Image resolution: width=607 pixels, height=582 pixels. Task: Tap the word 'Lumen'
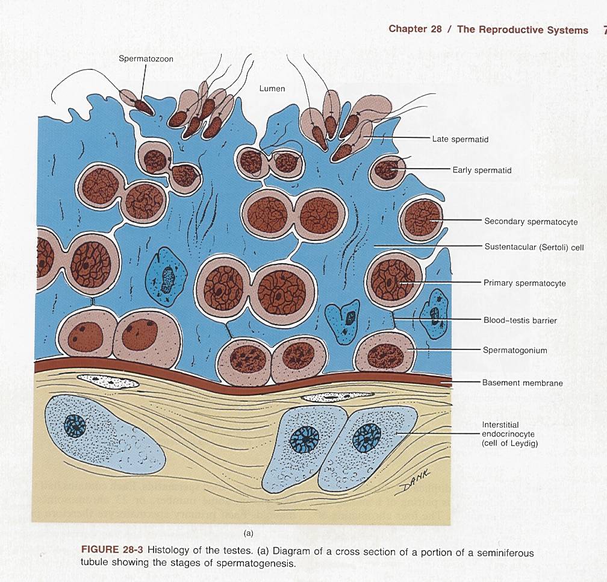(272, 88)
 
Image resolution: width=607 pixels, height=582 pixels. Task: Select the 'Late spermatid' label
(460, 139)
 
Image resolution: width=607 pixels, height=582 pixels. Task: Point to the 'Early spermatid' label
(482, 170)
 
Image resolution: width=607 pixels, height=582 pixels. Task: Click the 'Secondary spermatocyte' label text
(531, 222)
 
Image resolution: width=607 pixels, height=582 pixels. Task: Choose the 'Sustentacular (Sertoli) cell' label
(534, 247)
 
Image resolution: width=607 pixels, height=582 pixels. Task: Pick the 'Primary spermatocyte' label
(525, 283)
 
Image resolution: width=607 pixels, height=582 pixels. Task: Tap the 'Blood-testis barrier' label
(520, 321)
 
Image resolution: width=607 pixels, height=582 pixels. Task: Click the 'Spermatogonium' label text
(515, 350)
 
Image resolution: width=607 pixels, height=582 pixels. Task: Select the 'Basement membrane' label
(522, 383)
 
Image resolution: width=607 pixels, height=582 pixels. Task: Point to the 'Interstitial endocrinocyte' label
(508, 434)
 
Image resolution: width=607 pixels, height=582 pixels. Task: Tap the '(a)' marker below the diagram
(247, 533)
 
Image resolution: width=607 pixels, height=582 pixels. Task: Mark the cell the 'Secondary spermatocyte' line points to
(422, 219)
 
